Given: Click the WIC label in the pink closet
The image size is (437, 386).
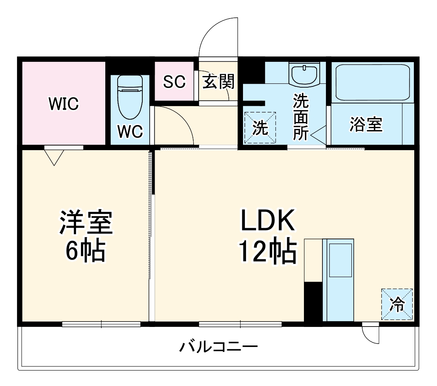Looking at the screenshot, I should pyautogui.click(x=64, y=104).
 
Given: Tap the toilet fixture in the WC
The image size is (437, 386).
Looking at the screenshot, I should pyautogui.click(x=130, y=96).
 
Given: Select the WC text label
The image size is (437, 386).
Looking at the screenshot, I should pyautogui.click(x=130, y=131).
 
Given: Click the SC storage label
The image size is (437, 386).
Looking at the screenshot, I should pyautogui.click(x=174, y=81).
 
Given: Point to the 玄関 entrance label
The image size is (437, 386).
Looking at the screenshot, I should pyautogui.click(x=219, y=81).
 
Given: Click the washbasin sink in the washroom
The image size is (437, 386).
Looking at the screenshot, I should pyautogui.click(x=305, y=74).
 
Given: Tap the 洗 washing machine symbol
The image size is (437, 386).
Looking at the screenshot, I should pyautogui.click(x=260, y=128).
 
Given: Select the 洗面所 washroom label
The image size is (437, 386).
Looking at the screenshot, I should pyautogui.click(x=301, y=117).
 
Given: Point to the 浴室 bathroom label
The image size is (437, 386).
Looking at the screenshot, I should pyautogui.click(x=366, y=124).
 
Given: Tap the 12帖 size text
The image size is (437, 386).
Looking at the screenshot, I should pyautogui.click(x=268, y=251).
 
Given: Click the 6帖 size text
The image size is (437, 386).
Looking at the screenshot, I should pyautogui.click(x=86, y=251).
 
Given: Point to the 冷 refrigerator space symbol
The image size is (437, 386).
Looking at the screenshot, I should pyautogui.click(x=397, y=304).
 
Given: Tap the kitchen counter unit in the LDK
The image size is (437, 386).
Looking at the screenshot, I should pyautogui.click(x=338, y=279).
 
